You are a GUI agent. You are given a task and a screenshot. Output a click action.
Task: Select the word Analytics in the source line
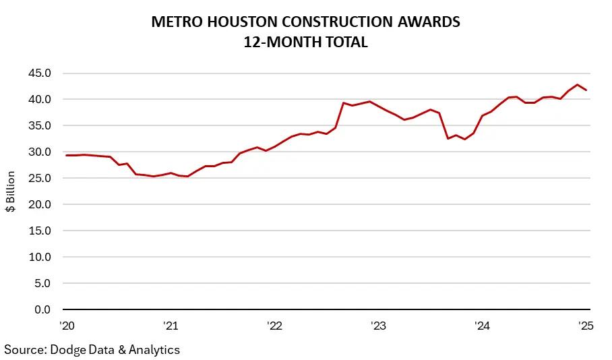154,349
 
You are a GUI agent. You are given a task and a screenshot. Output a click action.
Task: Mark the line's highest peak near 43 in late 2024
578,85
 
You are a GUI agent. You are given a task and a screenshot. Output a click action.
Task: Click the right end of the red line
586,90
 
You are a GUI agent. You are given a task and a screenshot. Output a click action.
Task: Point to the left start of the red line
66,155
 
